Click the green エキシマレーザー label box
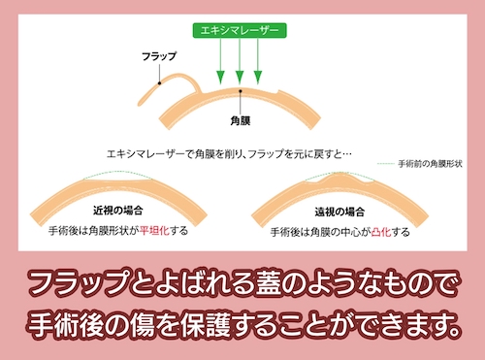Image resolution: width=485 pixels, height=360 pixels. tap(238, 30)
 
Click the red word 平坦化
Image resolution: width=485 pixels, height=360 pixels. tap(155, 233)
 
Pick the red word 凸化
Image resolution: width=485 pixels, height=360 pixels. tap(381, 233)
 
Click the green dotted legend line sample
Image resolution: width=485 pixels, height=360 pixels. tap(385, 165)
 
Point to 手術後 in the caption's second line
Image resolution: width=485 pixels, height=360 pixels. tap(73, 321)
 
